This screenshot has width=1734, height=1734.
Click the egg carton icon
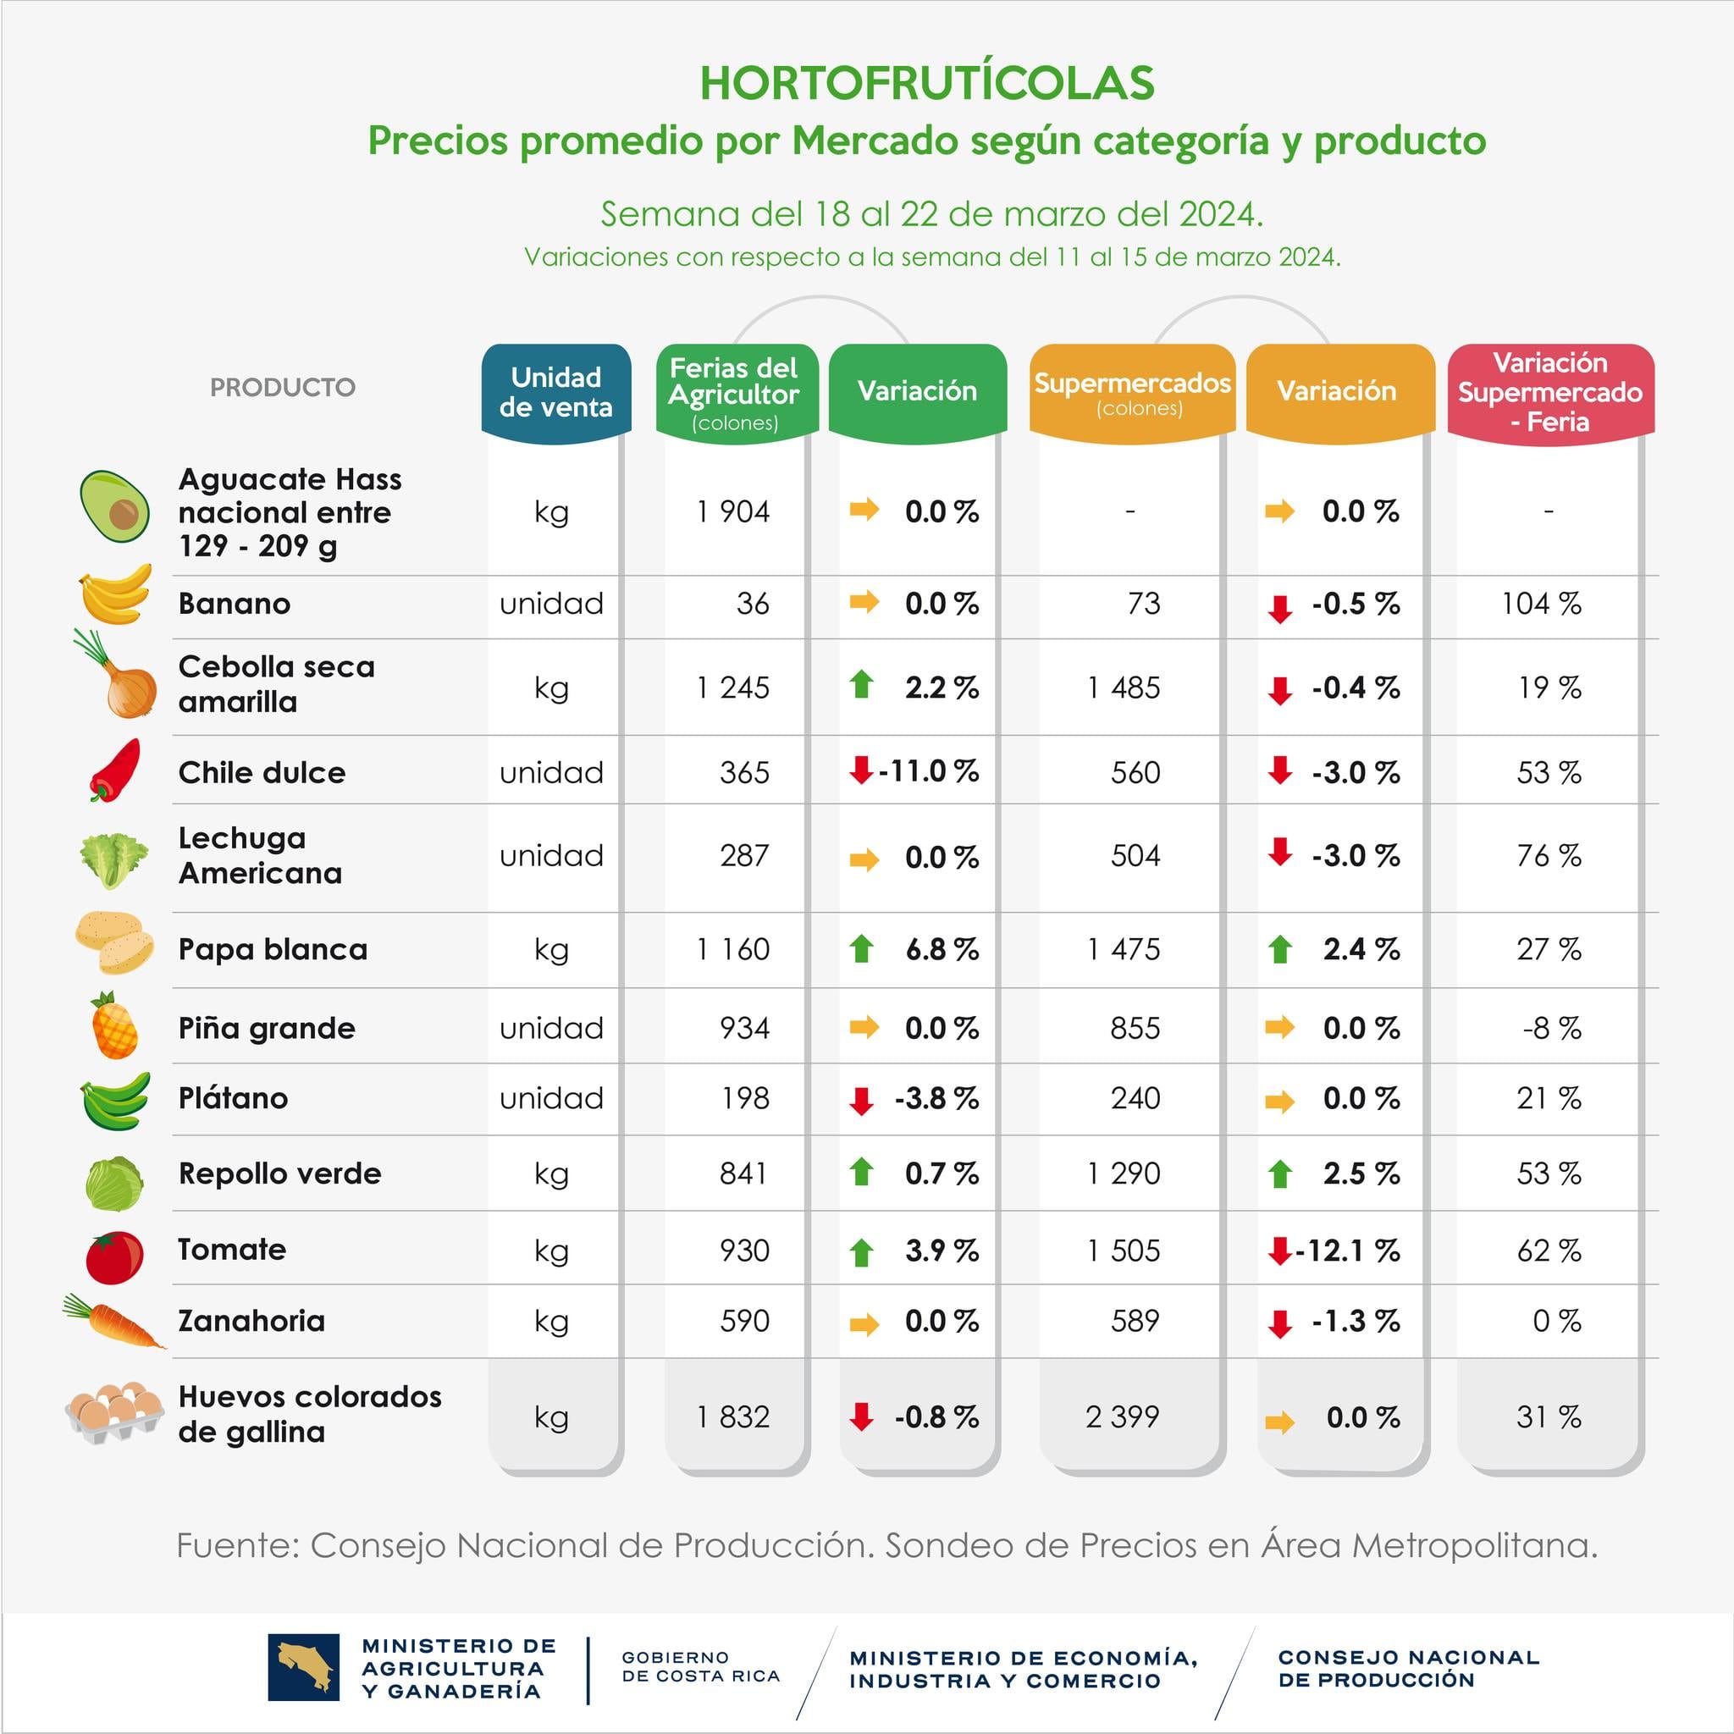click(114, 1411)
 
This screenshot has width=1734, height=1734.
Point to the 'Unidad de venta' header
click(555, 392)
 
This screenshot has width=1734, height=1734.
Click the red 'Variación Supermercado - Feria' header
click(1550, 392)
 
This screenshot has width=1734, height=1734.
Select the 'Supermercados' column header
click(1132, 392)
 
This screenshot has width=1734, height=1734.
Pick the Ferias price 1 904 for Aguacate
click(733, 511)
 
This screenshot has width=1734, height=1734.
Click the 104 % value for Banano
click(1541, 603)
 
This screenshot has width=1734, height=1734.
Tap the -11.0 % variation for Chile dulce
click(928, 771)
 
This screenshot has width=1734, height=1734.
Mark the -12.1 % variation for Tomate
click(1347, 1251)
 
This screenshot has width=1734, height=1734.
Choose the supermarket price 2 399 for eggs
click(1122, 1416)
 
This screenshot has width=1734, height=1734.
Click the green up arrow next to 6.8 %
click(862, 947)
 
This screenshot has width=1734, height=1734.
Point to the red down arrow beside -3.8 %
click(862, 1100)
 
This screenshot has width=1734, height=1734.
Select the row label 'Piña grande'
click(267, 1028)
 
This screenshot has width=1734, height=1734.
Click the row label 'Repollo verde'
click(279, 1173)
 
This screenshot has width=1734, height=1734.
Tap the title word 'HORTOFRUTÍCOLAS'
click(926, 84)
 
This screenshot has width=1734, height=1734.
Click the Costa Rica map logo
click(303, 1668)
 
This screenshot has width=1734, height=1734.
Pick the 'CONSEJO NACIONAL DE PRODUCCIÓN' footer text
click(1408, 1668)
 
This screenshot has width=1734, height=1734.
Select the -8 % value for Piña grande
click(1551, 1028)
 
